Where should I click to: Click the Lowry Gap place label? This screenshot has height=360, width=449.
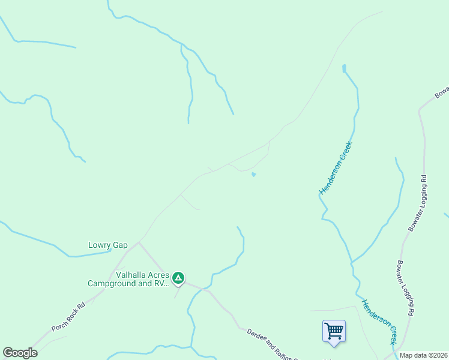(108, 245)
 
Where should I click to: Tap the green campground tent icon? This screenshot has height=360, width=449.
(178, 278)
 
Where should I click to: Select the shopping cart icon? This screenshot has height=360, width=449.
(334, 331)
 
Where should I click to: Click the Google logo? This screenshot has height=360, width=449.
(20, 353)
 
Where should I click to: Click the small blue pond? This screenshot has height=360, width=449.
(254, 175)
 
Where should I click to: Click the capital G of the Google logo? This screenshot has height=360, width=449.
(8, 353)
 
